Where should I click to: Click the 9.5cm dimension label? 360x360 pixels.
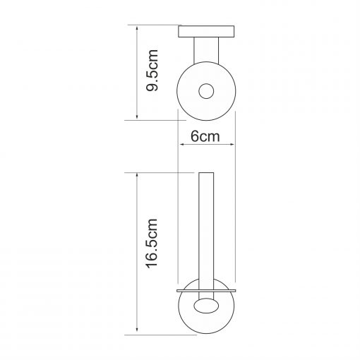152,70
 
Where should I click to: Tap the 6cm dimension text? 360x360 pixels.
205,136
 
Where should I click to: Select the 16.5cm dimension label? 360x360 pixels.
152,244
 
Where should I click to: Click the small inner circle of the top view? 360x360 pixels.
206,91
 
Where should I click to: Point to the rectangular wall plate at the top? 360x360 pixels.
206,32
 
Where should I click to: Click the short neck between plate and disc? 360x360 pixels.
206,51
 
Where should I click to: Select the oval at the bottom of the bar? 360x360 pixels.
206,306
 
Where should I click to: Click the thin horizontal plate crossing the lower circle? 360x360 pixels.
206,291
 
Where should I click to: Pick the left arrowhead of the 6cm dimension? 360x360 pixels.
181,144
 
